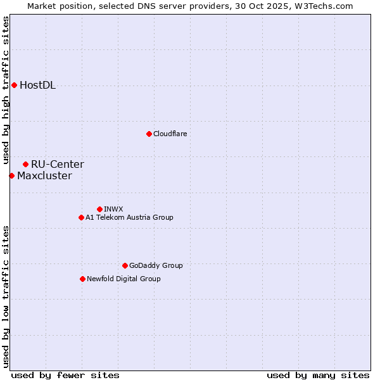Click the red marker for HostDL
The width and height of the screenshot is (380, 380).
click(14, 85)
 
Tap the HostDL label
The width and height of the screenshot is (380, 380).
click(37, 85)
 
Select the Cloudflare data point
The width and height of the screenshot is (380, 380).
click(149, 134)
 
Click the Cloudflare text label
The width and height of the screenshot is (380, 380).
click(170, 134)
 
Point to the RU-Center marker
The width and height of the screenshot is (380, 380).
click(25, 164)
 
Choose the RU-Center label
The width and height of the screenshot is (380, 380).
click(57, 165)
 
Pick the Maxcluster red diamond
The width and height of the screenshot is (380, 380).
click(11, 175)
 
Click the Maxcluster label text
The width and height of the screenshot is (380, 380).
click(44, 176)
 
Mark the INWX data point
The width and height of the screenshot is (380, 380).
click(99, 209)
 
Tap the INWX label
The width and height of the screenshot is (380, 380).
click(113, 209)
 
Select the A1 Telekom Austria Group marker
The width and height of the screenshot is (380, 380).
click(81, 217)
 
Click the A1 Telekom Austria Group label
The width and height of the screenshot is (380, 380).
click(129, 217)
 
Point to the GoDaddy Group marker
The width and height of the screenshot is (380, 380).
click(125, 265)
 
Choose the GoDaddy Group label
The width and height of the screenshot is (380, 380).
click(156, 265)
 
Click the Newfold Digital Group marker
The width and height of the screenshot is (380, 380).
click(82, 279)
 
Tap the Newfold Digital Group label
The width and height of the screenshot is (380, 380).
click(123, 279)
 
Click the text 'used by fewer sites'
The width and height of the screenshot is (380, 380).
click(65, 375)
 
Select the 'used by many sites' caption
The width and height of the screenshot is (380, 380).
click(318, 375)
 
